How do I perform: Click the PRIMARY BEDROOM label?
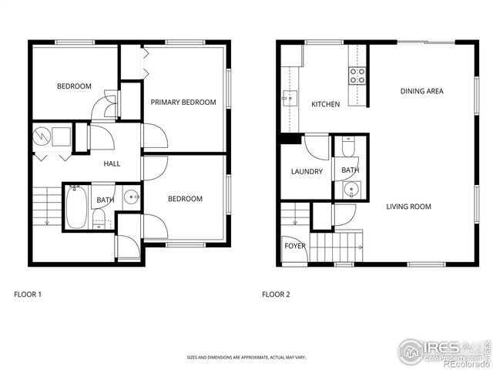coord(183,102)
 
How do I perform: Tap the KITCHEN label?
coord(325,104)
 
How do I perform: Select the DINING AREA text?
coord(421,91)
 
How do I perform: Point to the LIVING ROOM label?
coord(408,207)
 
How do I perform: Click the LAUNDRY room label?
coord(307,171)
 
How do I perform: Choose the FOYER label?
coord(295,247)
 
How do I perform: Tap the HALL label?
coord(112,163)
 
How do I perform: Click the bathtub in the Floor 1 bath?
coord(76,208)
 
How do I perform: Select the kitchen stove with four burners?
coord(357,75)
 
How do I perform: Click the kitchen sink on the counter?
coord(290,97)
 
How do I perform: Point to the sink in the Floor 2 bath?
coord(351,190)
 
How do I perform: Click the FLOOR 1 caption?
coord(28,294)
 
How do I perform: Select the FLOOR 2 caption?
coord(275,294)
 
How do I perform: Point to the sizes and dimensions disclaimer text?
coord(246,358)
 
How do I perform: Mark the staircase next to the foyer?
coord(336,246)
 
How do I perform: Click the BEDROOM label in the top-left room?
coord(74,86)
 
